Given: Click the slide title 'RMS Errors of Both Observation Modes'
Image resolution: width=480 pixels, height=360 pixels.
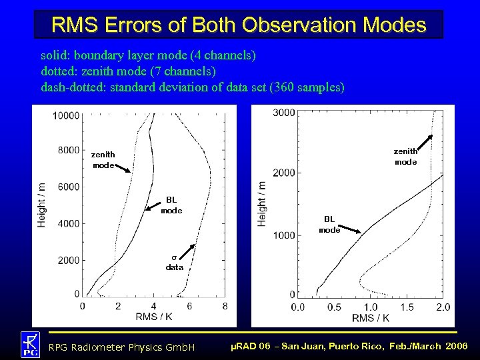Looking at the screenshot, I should pyautogui.click(x=239, y=25).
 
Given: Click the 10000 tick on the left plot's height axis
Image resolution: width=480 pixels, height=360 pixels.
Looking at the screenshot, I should pyautogui.click(x=66, y=116).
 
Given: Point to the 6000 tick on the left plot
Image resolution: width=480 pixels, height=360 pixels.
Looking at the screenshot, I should pyautogui.click(x=68, y=187).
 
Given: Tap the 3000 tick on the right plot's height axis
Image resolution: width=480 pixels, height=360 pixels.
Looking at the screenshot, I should pyautogui.click(x=284, y=113).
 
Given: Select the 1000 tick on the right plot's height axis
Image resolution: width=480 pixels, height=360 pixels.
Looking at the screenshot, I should pyautogui.click(x=284, y=235).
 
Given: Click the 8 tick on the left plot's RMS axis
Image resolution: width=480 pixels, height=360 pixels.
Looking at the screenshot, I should pyautogui.click(x=225, y=306).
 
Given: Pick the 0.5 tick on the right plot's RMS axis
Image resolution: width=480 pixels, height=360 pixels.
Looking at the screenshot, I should pyautogui.click(x=333, y=307).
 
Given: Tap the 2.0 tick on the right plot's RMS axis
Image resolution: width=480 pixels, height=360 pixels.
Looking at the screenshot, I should pyautogui.click(x=443, y=307).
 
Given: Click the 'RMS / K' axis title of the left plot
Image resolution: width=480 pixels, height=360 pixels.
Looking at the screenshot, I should pyautogui.click(x=153, y=317).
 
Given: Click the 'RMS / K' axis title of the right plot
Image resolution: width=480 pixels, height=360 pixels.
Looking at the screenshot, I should pyautogui.click(x=371, y=317).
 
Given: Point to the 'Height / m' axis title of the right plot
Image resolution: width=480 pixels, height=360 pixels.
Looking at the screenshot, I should pyautogui.click(x=261, y=203).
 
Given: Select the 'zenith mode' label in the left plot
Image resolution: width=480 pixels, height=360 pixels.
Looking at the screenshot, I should pyautogui.click(x=103, y=159).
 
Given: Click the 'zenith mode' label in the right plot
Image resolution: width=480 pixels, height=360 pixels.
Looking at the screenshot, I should pyautogui.click(x=405, y=157).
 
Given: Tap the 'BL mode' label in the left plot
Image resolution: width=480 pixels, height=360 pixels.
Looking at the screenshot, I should pyautogui.click(x=171, y=205).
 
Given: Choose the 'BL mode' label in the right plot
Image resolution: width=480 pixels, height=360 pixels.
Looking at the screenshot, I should pyautogui.click(x=329, y=225).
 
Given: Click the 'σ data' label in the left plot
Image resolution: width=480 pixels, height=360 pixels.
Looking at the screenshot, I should pyautogui.click(x=174, y=262).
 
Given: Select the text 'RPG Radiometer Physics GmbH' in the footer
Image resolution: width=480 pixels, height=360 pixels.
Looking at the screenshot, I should pyautogui.click(x=122, y=347).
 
